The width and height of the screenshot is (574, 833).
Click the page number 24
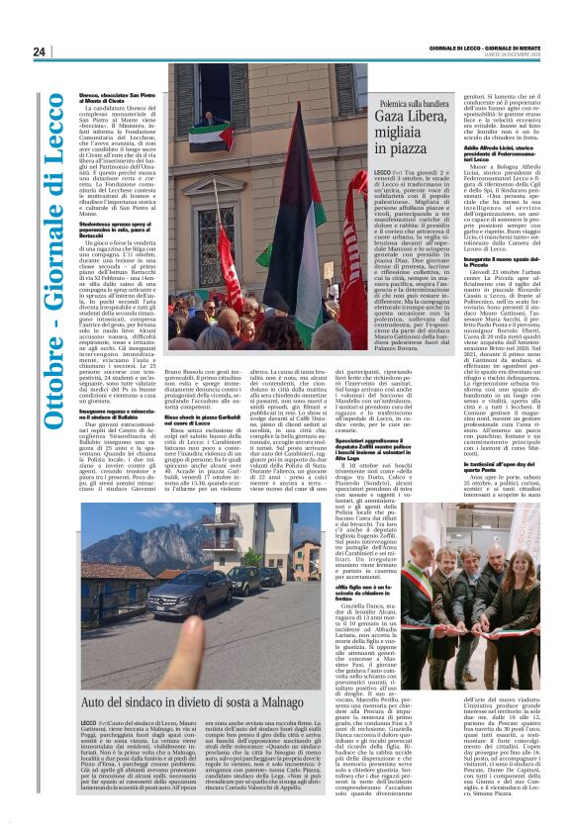40,51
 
